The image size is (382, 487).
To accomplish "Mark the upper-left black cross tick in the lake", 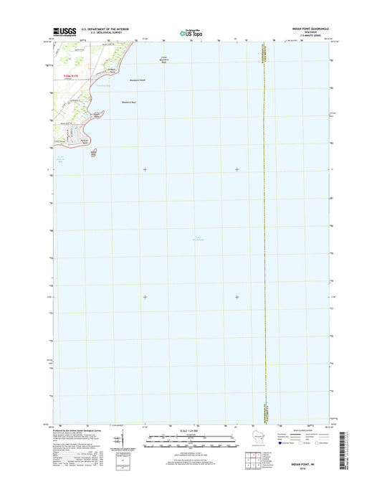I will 145,169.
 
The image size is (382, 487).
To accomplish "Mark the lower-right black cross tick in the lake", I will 237,297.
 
